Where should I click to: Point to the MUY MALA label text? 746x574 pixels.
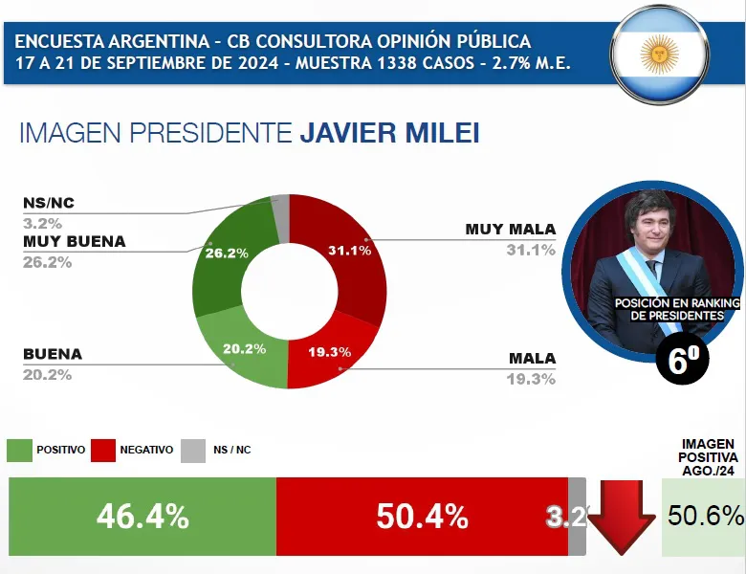point(510,230)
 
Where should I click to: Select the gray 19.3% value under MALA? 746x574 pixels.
point(532,379)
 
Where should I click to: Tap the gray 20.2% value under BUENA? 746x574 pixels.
point(47,374)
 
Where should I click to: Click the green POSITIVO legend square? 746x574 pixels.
point(19,450)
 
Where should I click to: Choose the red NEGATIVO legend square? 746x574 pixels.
point(103,450)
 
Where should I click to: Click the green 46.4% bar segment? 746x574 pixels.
point(143,516)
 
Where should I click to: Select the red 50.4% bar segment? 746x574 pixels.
point(422,516)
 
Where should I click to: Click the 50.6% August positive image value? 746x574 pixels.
point(706,516)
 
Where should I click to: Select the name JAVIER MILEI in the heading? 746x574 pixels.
point(389,132)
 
